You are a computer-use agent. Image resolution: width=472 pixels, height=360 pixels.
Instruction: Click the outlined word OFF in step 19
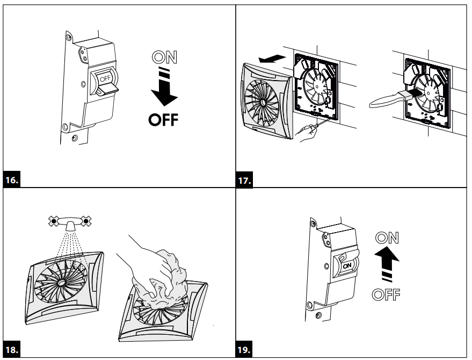(387, 294)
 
